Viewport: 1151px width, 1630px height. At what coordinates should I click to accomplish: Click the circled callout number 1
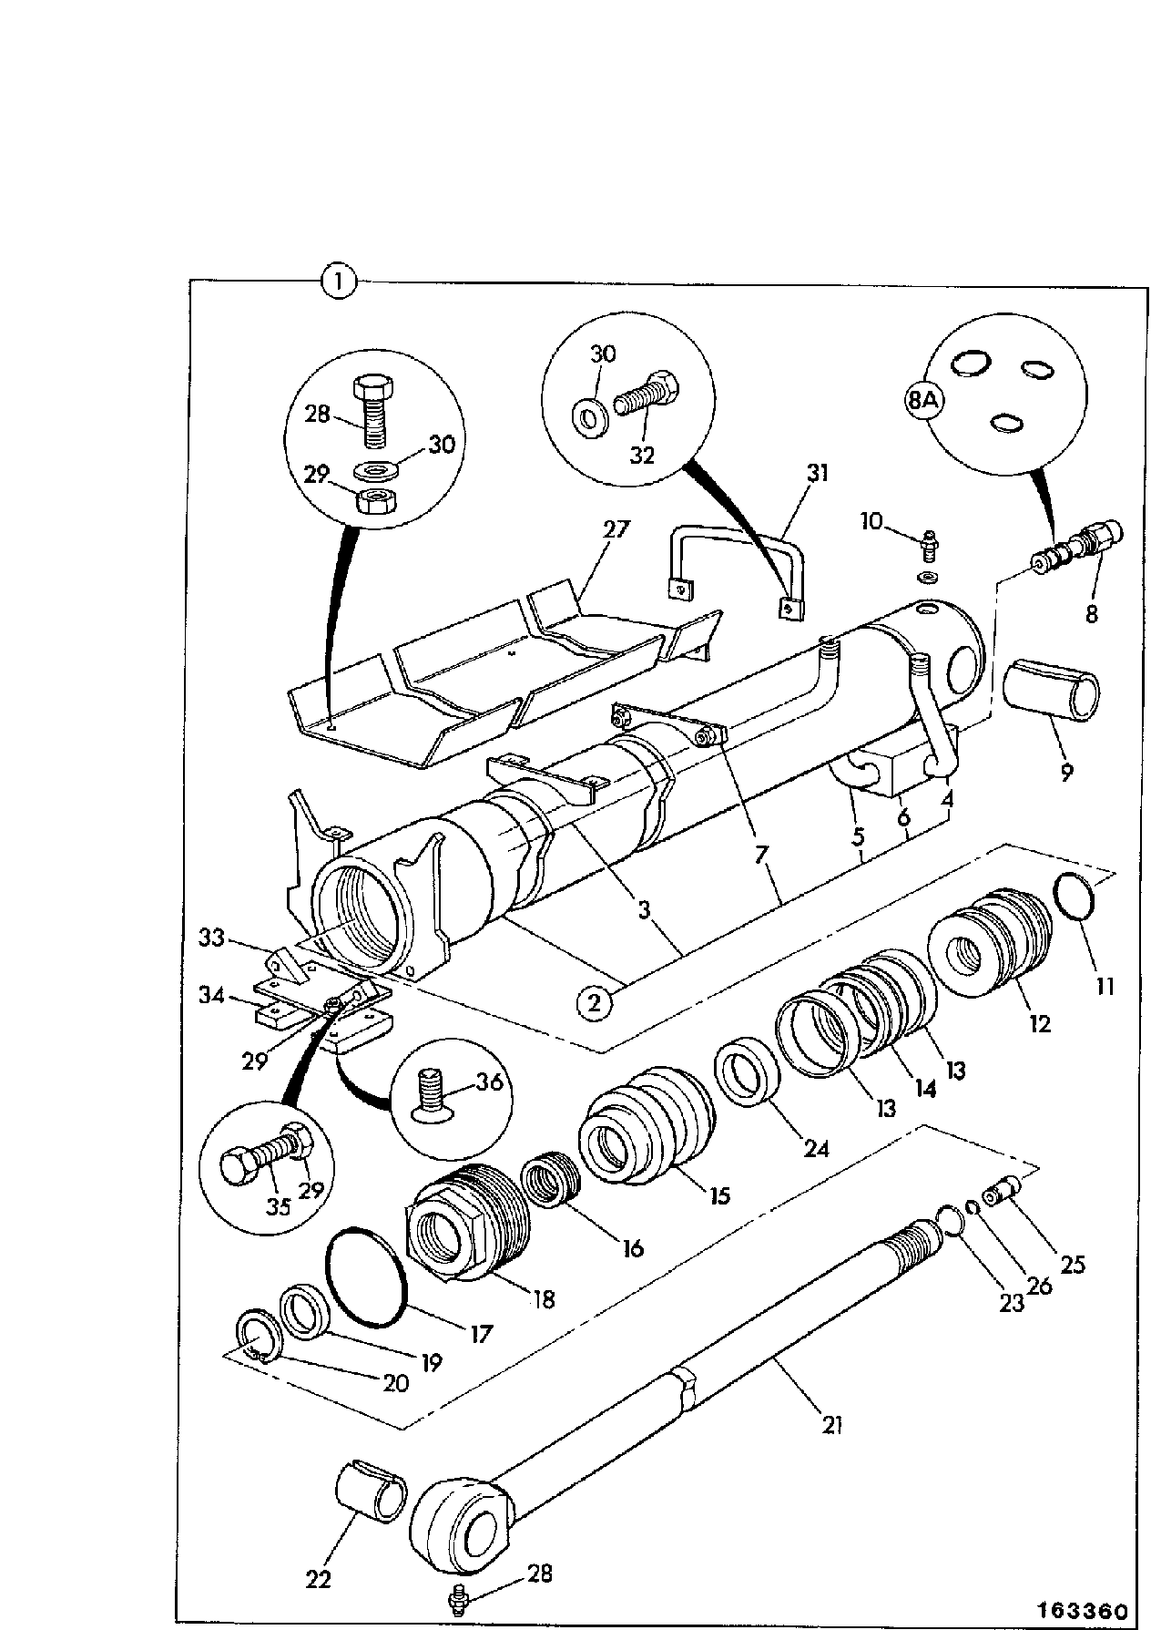click(x=339, y=282)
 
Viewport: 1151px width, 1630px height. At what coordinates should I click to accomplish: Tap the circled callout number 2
click(x=594, y=1003)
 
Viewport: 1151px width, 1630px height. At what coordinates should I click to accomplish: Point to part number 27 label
click(x=616, y=529)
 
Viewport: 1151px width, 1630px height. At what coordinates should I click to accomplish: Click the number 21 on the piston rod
click(x=831, y=1423)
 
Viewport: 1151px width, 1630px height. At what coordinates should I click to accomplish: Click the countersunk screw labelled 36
click(x=427, y=1094)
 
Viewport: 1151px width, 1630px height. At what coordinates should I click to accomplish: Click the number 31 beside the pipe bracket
click(x=818, y=473)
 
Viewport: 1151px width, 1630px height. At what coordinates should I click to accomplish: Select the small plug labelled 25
click(x=1003, y=1190)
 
